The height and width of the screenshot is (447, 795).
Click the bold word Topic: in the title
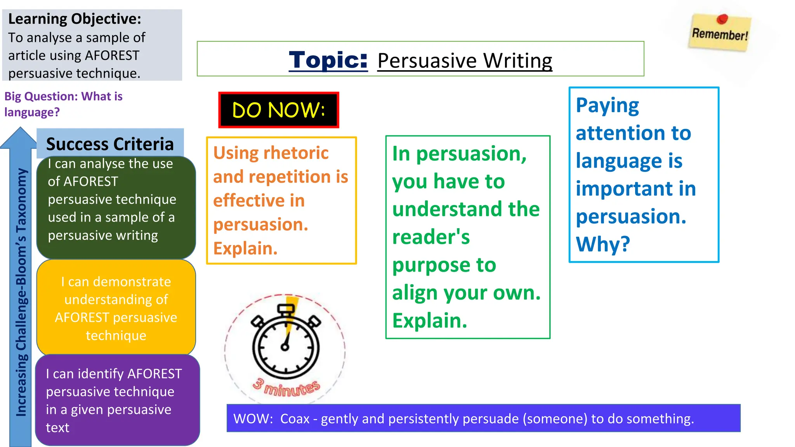(328, 60)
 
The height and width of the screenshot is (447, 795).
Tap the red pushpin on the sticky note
(722, 19)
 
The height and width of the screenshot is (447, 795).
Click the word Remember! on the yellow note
(720, 35)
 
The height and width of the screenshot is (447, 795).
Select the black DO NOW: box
(279, 110)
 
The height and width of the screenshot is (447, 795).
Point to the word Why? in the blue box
(603, 244)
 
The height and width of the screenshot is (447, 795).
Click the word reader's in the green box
(431, 237)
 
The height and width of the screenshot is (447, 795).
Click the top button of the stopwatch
(286, 309)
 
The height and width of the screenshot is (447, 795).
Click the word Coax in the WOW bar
(295, 419)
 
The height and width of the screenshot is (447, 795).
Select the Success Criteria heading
(110, 144)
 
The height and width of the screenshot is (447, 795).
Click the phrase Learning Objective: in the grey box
(75, 19)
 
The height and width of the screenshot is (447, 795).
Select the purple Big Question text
(63, 104)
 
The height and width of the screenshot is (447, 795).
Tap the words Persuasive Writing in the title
(465, 61)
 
